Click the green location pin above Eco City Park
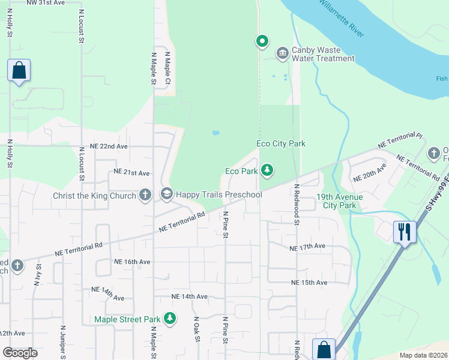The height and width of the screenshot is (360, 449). [262, 41]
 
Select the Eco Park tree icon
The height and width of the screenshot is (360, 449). [267, 171]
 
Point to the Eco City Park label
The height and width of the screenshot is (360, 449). [280, 143]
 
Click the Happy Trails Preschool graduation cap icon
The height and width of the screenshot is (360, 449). [166, 194]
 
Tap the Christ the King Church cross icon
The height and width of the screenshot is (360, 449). [145, 194]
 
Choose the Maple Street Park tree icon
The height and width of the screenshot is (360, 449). [170, 318]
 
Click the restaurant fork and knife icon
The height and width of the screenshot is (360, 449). [405, 232]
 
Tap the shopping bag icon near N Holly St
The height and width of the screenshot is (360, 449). [19, 70]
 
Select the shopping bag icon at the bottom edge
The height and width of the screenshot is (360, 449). [324, 349]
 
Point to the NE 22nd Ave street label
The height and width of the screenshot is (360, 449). [109, 146]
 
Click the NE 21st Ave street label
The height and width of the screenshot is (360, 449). [131, 173]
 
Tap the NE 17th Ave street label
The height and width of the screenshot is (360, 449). [307, 247]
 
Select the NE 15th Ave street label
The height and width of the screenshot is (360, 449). [309, 283]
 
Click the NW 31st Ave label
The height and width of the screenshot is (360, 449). [46, 3]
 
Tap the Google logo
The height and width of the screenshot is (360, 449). [20, 352]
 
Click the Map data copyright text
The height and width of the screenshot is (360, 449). [423, 355]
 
